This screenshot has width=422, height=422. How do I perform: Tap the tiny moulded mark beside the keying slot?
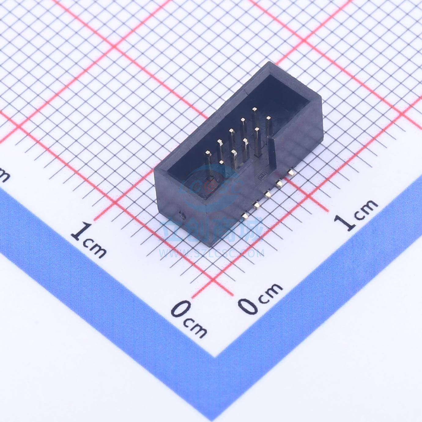pos(262,176)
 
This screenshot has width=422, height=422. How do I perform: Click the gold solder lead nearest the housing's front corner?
pos(245,216)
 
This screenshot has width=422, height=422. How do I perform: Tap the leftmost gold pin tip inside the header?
pos(208,153)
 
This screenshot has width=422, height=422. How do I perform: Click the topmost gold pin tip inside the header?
pos(254,109)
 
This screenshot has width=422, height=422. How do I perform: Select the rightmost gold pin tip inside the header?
pos(268,118)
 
